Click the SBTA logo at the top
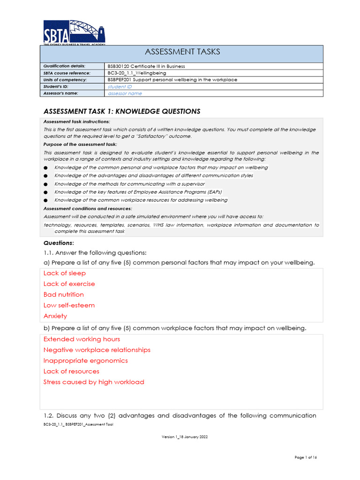[74, 32]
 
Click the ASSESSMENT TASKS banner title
[183, 52]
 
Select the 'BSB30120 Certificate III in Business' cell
[146, 66]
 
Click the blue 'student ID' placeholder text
[120, 87]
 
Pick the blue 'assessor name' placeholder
[125, 93]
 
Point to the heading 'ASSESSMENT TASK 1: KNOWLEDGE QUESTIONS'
[122, 112]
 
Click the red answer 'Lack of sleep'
[65, 273]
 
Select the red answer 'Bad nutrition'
[64, 295]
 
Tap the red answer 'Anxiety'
[55, 316]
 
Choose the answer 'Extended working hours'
[82, 339]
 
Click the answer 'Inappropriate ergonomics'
[85, 361]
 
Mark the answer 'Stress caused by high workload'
[94, 382]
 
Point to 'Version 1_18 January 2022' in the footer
[185, 437]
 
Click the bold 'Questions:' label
[59, 243]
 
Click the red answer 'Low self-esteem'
[69, 306]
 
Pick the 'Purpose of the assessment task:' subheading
[80, 144]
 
